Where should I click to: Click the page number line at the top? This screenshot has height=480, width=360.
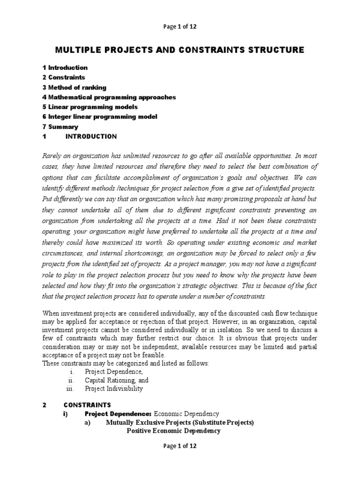click(x=180, y=27)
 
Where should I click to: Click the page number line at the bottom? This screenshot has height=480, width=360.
click(x=180, y=446)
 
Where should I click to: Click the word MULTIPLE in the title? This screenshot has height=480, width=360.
click(x=77, y=50)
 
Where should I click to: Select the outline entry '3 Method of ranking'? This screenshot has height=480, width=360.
click(x=74, y=87)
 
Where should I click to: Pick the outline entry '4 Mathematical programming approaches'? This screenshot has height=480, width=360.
click(x=109, y=97)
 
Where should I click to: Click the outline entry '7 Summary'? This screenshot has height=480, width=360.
click(x=60, y=127)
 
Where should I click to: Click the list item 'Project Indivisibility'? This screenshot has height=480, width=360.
click(x=114, y=389)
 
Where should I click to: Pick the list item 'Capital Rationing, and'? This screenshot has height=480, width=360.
click(x=116, y=381)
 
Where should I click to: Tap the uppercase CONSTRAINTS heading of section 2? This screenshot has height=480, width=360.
click(x=87, y=405)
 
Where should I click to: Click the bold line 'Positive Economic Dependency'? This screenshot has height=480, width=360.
click(x=173, y=431)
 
